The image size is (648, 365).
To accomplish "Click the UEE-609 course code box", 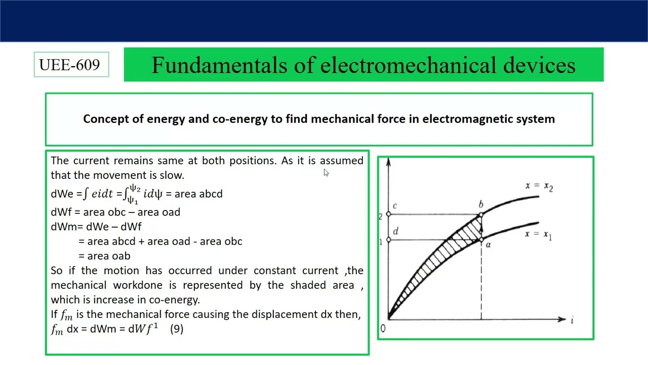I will (x=71, y=65).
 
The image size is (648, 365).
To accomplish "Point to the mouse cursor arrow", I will (x=326, y=172).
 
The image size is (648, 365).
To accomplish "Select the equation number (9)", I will (x=177, y=328).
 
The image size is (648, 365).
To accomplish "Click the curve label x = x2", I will (x=539, y=187).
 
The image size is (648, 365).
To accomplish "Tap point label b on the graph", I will (x=481, y=204).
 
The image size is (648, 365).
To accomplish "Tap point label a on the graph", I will (x=488, y=245).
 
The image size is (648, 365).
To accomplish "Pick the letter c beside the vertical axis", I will (x=394, y=206).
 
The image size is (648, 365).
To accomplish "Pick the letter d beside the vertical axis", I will (x=395, y=232).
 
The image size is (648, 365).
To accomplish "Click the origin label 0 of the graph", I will (x=383, y=328).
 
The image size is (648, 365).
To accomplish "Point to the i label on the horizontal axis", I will (x=572, y=320).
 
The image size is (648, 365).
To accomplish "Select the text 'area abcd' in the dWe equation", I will (x=198, y=194).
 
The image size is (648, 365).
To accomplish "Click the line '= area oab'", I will (x=104, y=256).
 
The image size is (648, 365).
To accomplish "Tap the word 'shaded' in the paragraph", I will (x=308, y=285).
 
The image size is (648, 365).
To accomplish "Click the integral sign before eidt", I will (x=86, y=194).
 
